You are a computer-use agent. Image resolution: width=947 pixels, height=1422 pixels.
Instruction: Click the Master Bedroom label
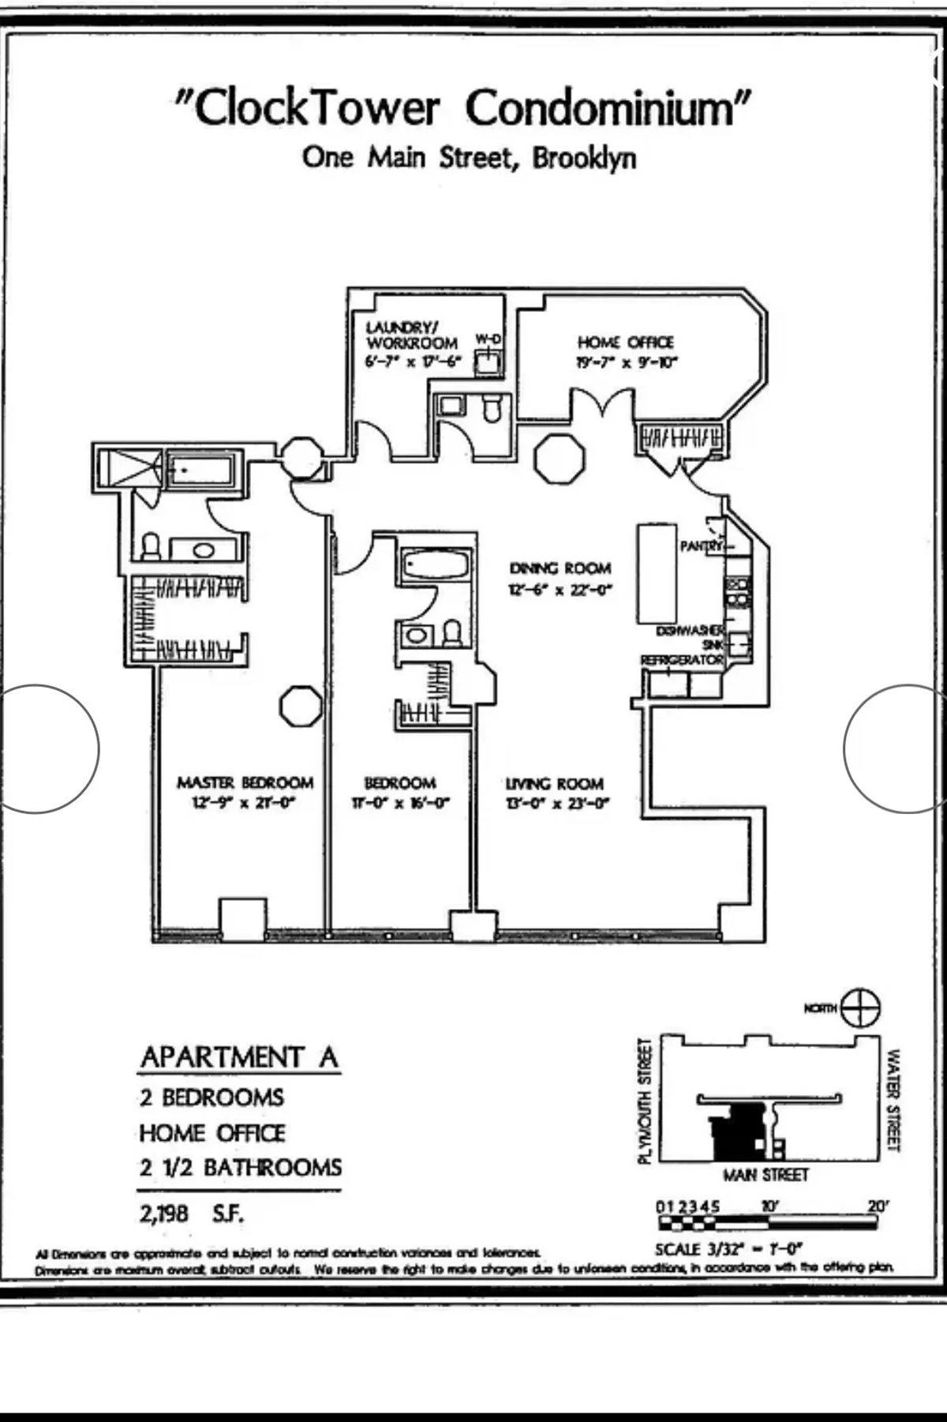click(245, 782)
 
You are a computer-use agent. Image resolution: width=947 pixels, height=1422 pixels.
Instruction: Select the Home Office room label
click(626, 342)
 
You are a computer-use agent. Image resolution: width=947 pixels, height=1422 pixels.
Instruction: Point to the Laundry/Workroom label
click(411, 335)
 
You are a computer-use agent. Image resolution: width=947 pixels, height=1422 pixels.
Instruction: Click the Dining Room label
click(560, 568)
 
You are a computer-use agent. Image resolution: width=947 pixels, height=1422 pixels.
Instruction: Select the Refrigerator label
click(682, 659)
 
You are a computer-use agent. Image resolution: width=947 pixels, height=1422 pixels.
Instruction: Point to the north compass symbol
click(860, 1008)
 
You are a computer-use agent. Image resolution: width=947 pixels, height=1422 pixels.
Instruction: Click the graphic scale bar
click(766, 1223)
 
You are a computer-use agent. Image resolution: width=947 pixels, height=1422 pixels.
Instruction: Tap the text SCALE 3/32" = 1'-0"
click(728, 1249)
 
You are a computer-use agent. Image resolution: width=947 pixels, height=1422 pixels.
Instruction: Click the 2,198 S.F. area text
click(192, 1213)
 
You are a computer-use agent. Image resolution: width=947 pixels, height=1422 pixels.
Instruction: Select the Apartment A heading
click(239, 1056)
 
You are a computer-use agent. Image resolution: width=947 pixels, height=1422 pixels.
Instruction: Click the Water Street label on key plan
click(893, 1100)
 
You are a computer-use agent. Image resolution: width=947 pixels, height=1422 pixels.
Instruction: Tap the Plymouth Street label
click(645, 1100)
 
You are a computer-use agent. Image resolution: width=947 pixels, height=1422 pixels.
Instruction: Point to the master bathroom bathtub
click(202, 471)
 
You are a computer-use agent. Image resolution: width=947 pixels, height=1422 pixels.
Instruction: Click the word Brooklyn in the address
click(584, 157)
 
